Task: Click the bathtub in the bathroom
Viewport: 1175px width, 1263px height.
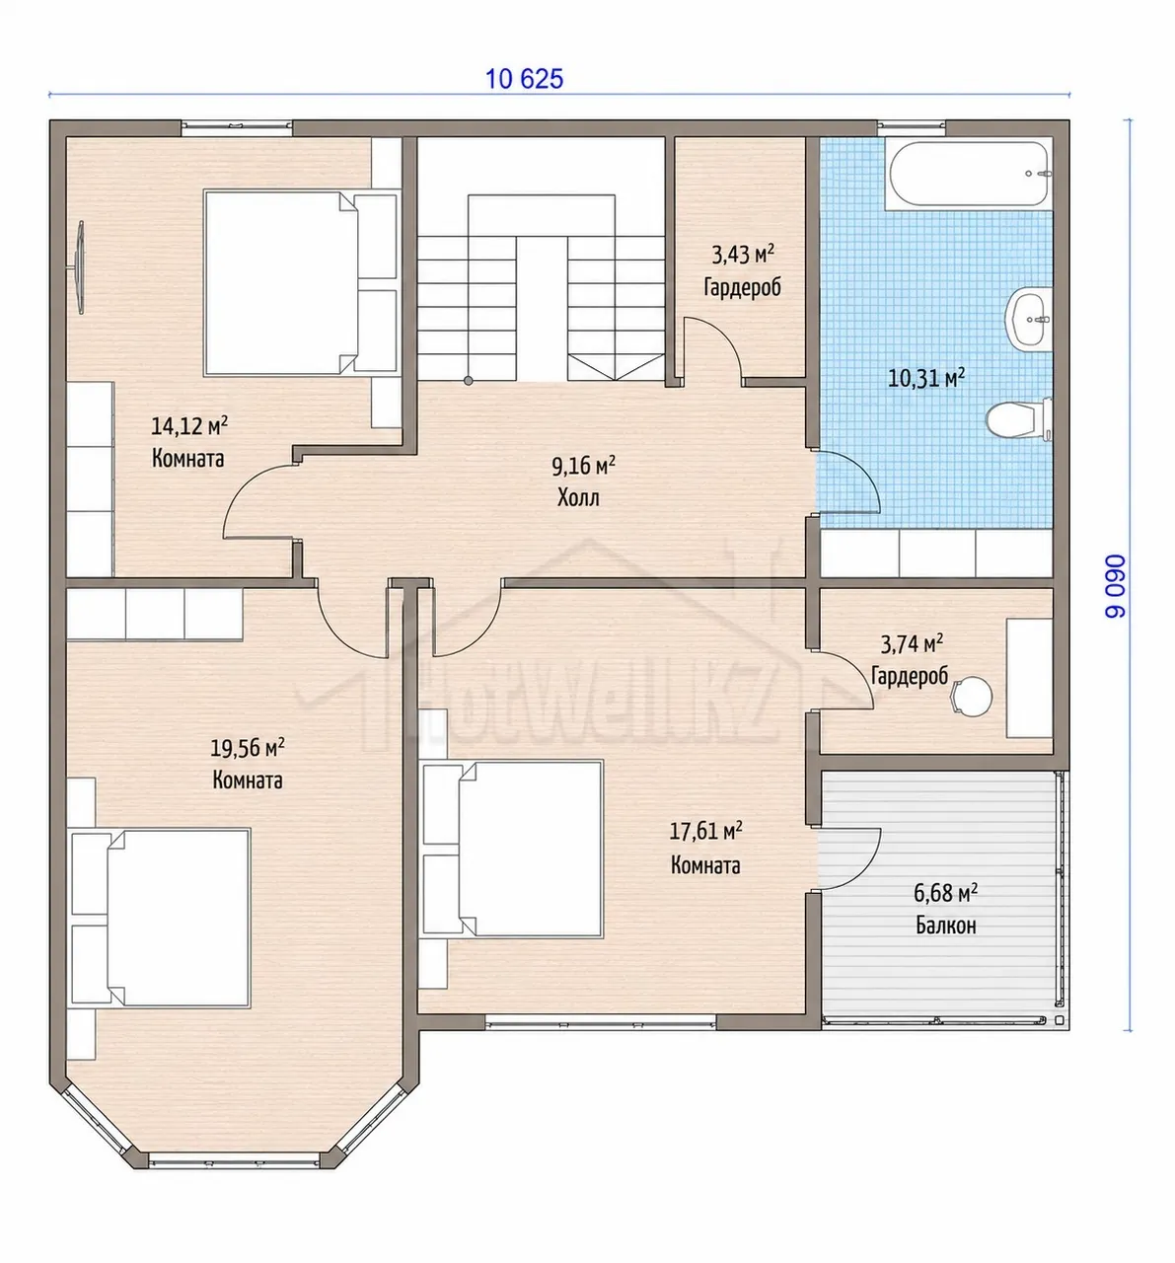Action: (968, 173)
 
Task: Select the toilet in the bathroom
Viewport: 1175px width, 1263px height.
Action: (1018, 418)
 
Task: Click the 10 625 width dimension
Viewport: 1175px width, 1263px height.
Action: (524, 80)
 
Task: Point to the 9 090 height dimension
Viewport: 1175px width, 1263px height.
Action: (1115, 586)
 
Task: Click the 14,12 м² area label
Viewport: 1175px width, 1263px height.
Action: (189, 425)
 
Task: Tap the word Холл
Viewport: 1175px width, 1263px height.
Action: (578, 497)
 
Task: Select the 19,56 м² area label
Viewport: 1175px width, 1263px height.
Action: (247, 747)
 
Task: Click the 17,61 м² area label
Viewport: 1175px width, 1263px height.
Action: (705, 831)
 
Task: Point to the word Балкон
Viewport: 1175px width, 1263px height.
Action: (946, 926)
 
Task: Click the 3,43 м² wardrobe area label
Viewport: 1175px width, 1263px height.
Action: (743, 255)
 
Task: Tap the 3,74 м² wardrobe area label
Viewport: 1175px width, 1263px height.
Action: (912, 644)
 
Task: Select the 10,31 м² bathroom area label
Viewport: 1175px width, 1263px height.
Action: (925, 378)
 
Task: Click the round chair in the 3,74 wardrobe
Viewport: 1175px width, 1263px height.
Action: (971, 696)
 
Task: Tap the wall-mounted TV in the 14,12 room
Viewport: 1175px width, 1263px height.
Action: (80, 267)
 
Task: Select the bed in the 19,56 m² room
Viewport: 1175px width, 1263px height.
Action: (160, 918)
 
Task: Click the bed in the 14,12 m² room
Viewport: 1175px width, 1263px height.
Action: (300, 282)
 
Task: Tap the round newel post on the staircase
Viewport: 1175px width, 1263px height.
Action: (469, 381)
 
